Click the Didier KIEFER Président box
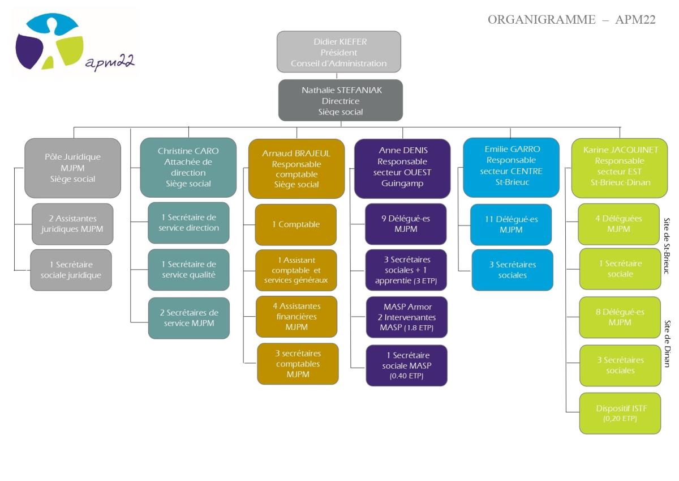(338, 52)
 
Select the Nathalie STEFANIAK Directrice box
(341, 100)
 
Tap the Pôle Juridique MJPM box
(73, 168)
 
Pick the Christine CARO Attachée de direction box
(188, 168)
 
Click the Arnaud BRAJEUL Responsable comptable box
(296, 169)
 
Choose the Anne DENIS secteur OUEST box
(402, 169)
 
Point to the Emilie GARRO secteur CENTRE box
(512, 168)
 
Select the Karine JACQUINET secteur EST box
(620, 168)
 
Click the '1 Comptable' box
(296, 224)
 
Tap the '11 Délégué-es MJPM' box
(511, 224)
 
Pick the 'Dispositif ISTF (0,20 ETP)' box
(620, 414)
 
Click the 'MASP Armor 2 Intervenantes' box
(407, 317)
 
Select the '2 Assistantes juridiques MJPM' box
(72, 224)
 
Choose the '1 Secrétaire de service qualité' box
(188, 270)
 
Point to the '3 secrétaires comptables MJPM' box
(298, 364)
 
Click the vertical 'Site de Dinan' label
(667, 343)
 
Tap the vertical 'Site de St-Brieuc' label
(667, 246)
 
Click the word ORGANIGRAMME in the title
(542, 19)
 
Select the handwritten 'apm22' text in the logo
(110, 62)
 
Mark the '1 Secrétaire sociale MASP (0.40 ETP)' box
(407, 365)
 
